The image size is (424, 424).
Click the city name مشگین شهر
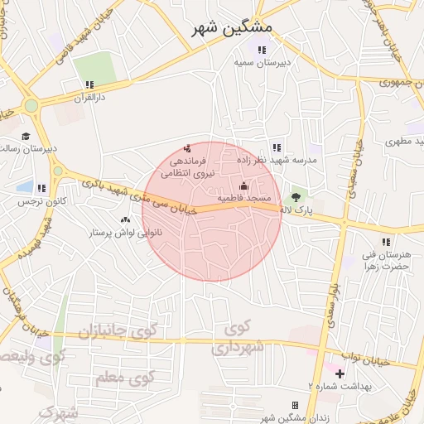coord(231,27)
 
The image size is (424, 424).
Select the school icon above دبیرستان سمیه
coord(262,51)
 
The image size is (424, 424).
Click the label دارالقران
coord(89,97)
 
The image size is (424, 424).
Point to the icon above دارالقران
coord(89,84)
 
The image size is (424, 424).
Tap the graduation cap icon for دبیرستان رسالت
coord(26,136)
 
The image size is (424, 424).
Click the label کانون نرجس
coord(41,201)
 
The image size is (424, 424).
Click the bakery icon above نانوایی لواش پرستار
coord(125,219)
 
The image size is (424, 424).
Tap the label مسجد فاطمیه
coord(244,199)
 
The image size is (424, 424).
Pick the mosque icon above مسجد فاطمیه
coord(243,185)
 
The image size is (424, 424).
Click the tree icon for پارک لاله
coord(296,197)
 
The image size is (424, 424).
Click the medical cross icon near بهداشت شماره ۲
coord(340,373)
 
